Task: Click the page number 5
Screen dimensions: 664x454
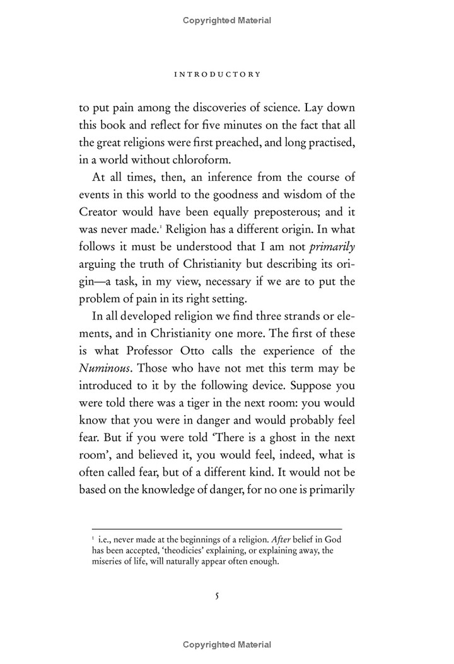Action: (x=216, y=596)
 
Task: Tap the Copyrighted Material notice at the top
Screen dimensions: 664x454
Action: (x=227, y=20)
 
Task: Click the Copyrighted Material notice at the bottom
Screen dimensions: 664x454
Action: (x=227, y=644)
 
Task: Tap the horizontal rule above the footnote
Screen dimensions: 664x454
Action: (x=216, y=528)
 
